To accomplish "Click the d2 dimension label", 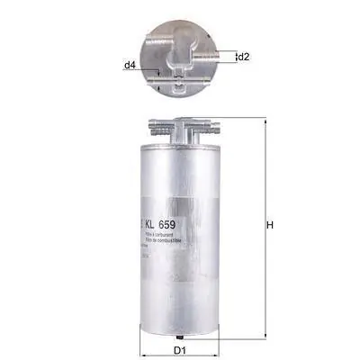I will pos(244,57).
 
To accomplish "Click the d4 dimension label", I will pos(130,66).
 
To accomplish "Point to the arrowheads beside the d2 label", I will pos(233,57).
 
